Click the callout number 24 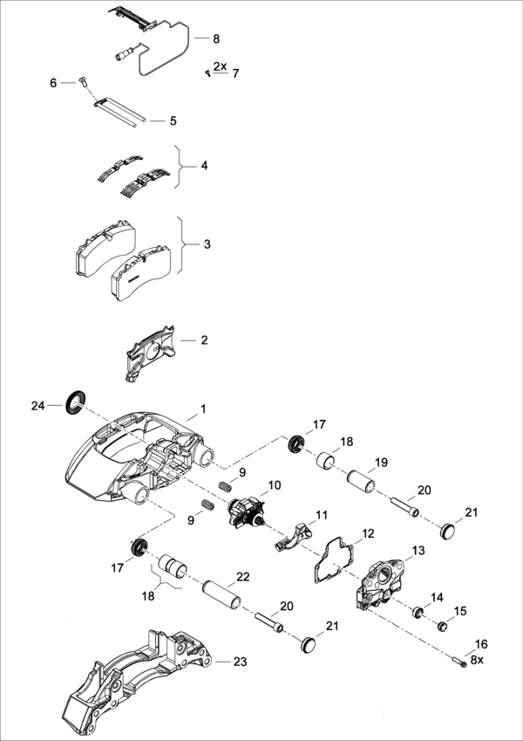(37, 406)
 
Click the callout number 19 (381, 463)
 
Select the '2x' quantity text (220, 66)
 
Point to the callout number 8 (216, 39)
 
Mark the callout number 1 (203, 408)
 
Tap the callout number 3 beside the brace (207, 244)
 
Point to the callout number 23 (240, 662)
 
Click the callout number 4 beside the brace (204, 165)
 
